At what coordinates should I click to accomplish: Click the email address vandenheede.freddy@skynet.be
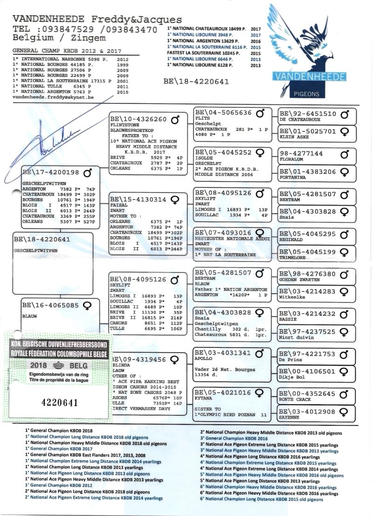54,97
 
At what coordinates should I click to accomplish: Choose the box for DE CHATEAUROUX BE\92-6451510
317,116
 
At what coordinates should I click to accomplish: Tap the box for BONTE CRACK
317,396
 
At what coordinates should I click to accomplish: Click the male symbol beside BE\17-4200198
87,173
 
